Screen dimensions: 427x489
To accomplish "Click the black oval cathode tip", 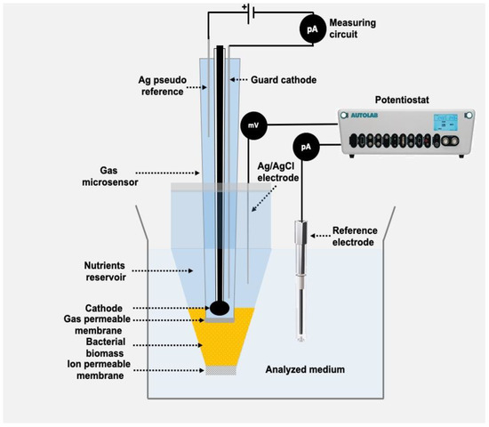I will (219, 309).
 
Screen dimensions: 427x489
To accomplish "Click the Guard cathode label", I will (272, 79).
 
